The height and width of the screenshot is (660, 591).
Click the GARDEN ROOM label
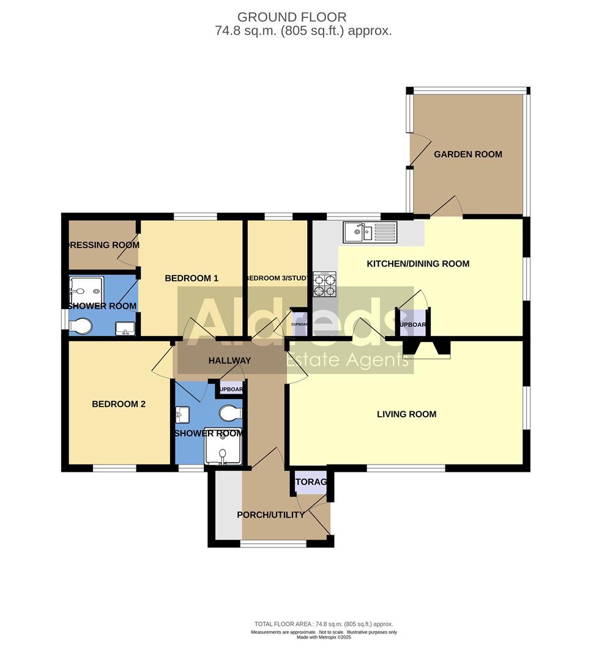pos(468,155)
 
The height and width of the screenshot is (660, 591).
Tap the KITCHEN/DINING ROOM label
pos(418,264)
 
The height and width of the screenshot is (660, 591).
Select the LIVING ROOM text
pos(406,414)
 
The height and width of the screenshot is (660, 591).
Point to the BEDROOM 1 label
pos(191,279)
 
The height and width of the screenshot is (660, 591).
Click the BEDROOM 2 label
pos(118,404)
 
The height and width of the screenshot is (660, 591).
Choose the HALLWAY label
pos(229,361)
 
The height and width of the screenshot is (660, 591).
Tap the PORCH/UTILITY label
pos(270,515)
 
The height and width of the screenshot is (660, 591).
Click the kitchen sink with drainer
pos(371,232)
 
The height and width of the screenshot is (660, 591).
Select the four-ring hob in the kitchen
pos(325,282)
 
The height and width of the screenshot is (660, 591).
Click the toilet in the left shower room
pos(81,327)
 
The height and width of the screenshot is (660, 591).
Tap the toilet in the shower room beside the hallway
pos(231,413)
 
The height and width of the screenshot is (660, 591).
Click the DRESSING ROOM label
pos(103,245)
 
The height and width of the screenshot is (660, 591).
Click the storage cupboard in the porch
pos(310,482)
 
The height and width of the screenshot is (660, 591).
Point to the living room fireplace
pos(427,350)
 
